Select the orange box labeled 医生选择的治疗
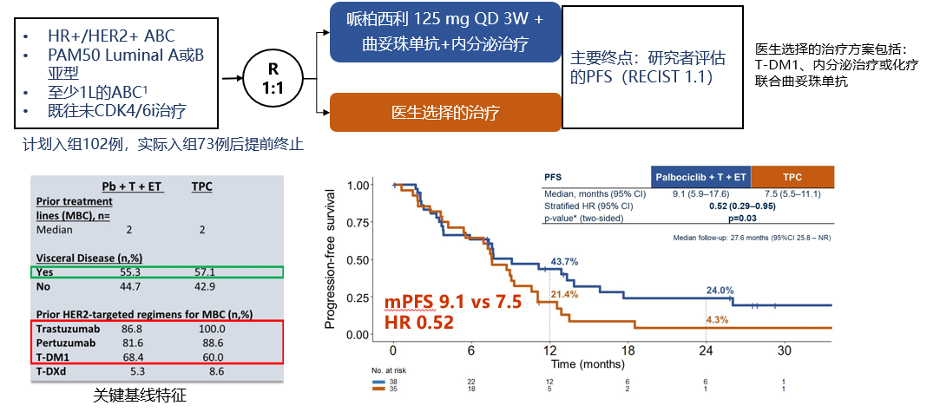(445, 113)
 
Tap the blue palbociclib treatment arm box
(445, 32)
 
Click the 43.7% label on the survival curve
(563, 261)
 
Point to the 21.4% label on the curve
(563, 295)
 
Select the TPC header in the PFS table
(792, 177)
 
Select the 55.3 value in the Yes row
(133, 271)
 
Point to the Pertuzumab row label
(66, 343)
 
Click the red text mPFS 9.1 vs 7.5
(454, 303)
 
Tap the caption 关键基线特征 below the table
(140, 396)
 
